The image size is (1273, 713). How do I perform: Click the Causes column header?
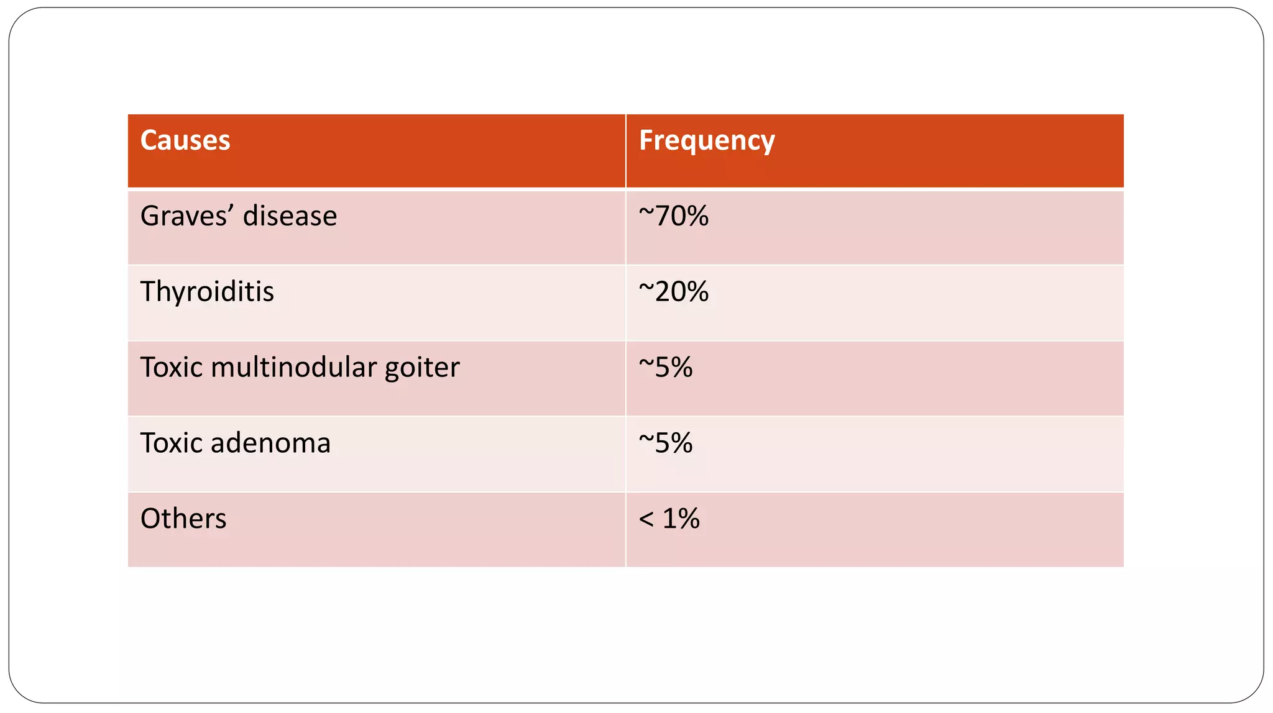pos(185,140)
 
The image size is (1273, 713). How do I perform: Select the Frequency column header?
pos(707,141)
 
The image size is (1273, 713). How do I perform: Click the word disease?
pos(290,216)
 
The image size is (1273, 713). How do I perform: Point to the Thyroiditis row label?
pos(207,292)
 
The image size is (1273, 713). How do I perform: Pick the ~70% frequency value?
pos(674,216)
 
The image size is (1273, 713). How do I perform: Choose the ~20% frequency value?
pos(674,292)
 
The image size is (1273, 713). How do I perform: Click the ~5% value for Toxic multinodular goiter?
pos(666,368)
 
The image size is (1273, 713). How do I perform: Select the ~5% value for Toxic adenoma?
pos(666,443)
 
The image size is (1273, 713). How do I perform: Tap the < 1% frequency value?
pos(669,519)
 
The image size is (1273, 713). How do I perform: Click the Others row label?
pos(183,519)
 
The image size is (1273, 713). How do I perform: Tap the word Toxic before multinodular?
pos(171,368)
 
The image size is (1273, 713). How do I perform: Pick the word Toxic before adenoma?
pos(171,443)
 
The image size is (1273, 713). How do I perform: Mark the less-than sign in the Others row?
pos(646,519)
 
